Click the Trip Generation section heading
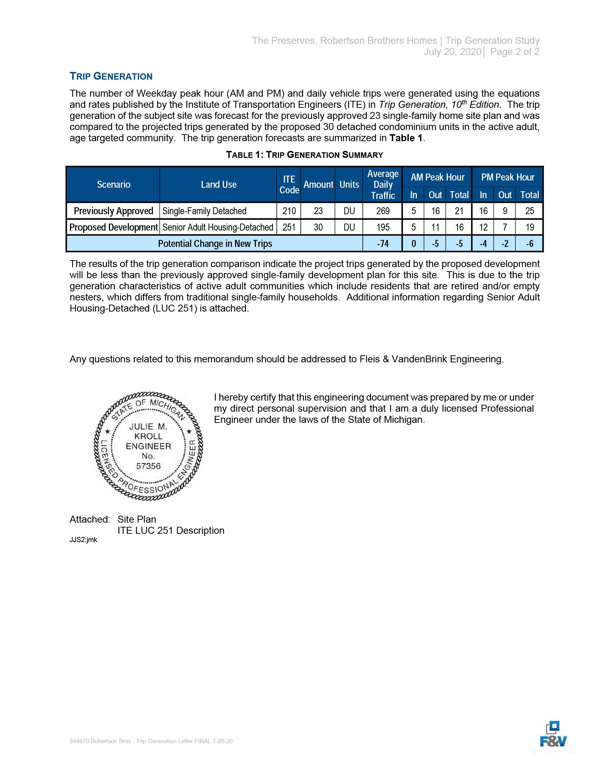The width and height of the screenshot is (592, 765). [x=111, y=76]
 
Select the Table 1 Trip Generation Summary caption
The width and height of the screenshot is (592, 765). [x=304, y=155]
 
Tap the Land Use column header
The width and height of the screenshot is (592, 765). [x=218, y=185]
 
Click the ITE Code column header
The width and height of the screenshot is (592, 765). [x=289, y=185]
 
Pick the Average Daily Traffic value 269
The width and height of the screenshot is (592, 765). [x=383, y=211]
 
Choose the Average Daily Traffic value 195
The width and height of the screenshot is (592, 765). [x=383, y=227]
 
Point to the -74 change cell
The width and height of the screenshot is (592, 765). [x=383, y=244]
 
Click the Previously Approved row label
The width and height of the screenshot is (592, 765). [x=113, y=211]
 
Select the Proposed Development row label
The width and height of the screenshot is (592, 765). [x=113, y=227]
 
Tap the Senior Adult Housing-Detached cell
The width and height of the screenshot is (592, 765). [x=218, y=227]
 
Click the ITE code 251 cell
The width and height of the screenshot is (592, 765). [x=289, y=227]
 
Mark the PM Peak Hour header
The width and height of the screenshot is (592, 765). [x=507, y=177]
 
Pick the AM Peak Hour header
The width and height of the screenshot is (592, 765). [x=437, y=177]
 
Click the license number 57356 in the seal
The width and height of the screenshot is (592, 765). [x=148, y=466]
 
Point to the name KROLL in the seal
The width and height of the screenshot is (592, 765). [x=148, y=436]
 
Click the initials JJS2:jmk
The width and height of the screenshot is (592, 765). [x=83, y=540]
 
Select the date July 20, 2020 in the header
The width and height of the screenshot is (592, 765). [x=452, y=52]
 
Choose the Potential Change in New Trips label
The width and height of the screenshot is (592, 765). [x=215, y=244]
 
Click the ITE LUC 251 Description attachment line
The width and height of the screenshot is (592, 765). [x=171, y=531]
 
